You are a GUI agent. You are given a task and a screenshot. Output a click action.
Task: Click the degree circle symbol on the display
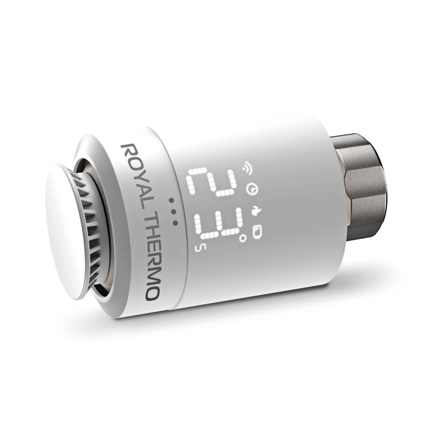click(x=243, y=237)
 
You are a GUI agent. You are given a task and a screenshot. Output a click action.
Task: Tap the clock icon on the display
click(x=250, y=190)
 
